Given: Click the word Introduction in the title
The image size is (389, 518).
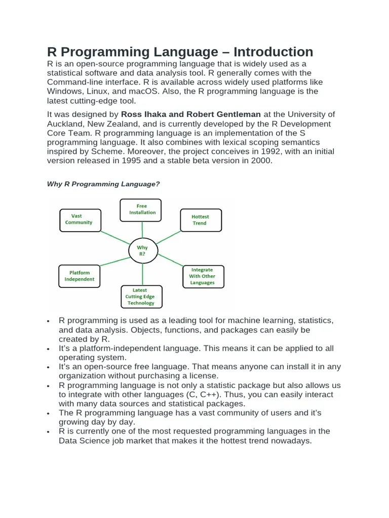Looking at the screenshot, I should (270, 52).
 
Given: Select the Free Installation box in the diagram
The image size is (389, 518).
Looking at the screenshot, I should (141, 209).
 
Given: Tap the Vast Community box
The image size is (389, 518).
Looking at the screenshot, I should (80, 220).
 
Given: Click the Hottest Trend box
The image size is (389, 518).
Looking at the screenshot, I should (200, 220).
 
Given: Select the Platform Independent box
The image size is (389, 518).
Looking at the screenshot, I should (80, 276).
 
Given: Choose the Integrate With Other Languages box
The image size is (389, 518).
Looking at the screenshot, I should (203, 276).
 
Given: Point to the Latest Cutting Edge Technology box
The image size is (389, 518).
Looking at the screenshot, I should (140, 296).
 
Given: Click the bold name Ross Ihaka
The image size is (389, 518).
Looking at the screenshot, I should (145, 115).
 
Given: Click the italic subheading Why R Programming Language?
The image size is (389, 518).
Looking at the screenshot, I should (103, 184).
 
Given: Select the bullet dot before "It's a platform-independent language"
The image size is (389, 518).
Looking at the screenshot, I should (48, 349).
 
